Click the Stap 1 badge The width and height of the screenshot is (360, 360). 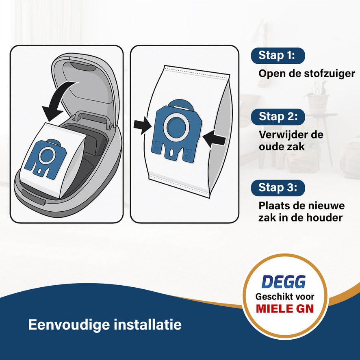click(278, 56)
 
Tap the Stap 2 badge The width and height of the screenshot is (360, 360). click(278, 117)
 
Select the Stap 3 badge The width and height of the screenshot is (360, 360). click(278, 188)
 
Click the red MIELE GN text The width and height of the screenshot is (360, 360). click(284, 308)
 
